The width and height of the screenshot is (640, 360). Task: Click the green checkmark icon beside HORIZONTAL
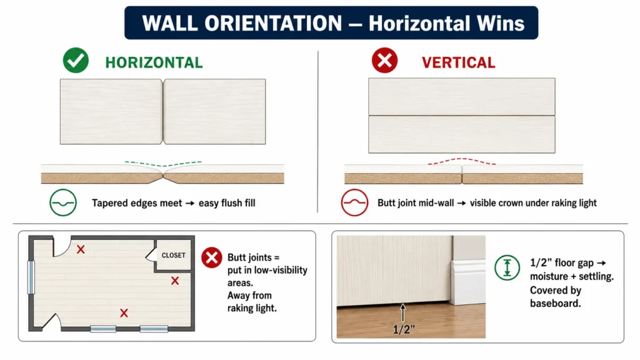coord(76,61)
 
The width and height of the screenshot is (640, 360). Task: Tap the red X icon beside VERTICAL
coord(384,61)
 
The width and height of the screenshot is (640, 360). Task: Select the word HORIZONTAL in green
coord(154,62)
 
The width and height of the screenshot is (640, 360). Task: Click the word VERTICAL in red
coord(458,62)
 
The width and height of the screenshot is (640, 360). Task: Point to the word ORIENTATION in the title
coord(273,23)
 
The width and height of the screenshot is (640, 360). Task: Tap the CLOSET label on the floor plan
coord(174,255)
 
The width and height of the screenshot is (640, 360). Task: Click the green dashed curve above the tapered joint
coord(163,165)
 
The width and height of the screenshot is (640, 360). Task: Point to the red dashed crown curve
coord(462,159)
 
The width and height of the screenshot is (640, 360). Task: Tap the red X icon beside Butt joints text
coord(211,257)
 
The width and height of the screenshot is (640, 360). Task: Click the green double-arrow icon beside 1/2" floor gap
coord(507,267)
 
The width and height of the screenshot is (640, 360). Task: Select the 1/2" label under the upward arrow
coord(404,329)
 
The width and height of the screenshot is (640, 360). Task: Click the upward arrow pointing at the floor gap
coord(403,312)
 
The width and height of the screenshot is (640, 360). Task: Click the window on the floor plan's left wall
coord(31,277)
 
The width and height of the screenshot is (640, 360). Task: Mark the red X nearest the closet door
coord(175,281)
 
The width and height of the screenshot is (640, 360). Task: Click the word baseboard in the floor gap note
coord(555,303)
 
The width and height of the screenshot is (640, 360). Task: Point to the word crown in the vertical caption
coord(516,203)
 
